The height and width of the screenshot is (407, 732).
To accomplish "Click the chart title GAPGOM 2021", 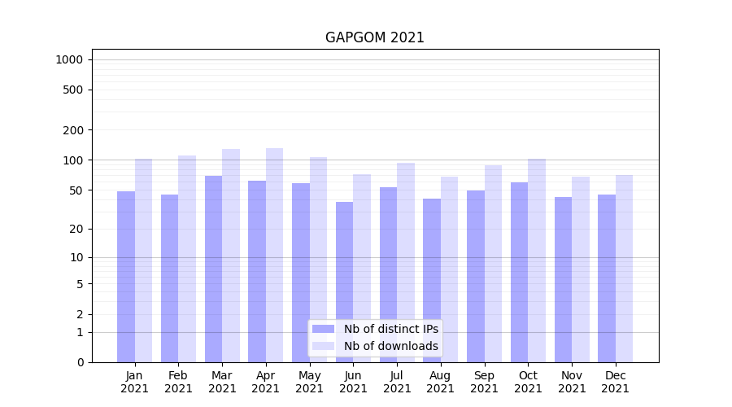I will tap(374, 37).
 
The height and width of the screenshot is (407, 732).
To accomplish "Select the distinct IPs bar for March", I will tap(213, 269).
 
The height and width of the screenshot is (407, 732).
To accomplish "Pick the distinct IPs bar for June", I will tap(344, 282).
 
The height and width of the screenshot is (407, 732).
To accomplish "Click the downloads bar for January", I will tap(143, 260).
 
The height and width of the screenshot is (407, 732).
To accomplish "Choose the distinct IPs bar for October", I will tap(519, 272).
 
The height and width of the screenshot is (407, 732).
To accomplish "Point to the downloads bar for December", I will tap(624, 269).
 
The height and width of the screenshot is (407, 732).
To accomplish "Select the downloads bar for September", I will tap(493, 264).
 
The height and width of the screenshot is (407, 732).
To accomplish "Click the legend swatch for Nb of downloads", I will tap(323, 346).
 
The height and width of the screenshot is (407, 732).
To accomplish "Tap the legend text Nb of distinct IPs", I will tap(390, 329).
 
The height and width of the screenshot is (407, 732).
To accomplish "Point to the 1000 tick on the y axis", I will tap(69, 59).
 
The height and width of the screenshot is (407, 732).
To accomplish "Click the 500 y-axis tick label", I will tap(73, 90).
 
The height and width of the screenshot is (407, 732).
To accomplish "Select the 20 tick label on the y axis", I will tap(76, 229).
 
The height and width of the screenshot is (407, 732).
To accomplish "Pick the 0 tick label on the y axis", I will tap(80, 362).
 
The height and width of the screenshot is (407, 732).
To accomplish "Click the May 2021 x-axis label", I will tap(309, 382).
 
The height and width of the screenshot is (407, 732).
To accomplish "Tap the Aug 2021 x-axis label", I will tap(440, 382).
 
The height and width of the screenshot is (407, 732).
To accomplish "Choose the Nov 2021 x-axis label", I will tap(572, 382).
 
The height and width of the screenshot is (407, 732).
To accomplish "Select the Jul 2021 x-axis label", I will tap(397, 382).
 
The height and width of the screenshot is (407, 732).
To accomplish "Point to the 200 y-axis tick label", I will tap(73, 130).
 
